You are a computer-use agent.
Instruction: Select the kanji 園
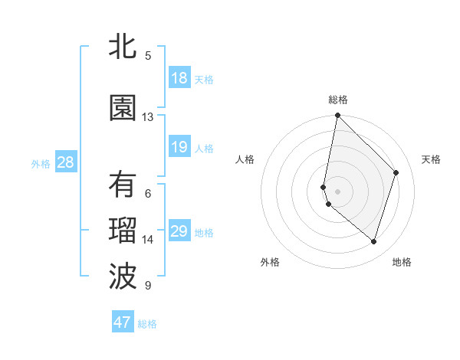point(123,108)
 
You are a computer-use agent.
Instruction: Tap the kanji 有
point(123,185)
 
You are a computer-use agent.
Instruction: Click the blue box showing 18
point(179,78)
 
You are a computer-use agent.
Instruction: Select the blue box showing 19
point(179,147)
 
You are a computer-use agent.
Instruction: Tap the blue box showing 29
point(179,231)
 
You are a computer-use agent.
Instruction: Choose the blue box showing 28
point(65,162)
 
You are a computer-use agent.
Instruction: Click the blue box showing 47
point(123,322)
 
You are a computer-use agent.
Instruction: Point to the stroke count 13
point(148,117)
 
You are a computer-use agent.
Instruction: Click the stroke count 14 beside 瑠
point(148,240)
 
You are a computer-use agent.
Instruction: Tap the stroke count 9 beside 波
point(148,286)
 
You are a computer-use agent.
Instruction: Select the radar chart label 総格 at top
point(338,100)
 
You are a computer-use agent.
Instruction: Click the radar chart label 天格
point(431,159)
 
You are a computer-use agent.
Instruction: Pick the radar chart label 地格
point(402,263)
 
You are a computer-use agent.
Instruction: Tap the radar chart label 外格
point(270,263)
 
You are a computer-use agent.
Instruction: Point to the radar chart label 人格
point(245,159)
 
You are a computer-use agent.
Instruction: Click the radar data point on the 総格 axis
point(337,116)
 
